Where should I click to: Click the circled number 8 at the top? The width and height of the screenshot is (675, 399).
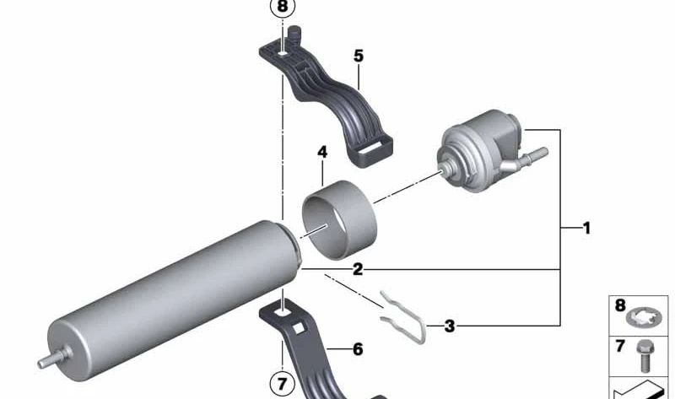click(282, 8)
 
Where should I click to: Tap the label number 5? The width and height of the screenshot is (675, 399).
click(359, 57)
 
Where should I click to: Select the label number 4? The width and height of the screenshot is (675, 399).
click(322, 152)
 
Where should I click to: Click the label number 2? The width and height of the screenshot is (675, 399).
click(358, 270)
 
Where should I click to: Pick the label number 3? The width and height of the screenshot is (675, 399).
click(450, 326)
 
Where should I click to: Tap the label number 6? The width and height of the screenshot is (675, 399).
click(358, 348)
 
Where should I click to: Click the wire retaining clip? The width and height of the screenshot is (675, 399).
click(402, 316)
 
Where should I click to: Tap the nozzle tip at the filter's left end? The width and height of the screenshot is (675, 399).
click(43, 363)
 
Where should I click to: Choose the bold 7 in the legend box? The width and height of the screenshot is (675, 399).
click(619, 346)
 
